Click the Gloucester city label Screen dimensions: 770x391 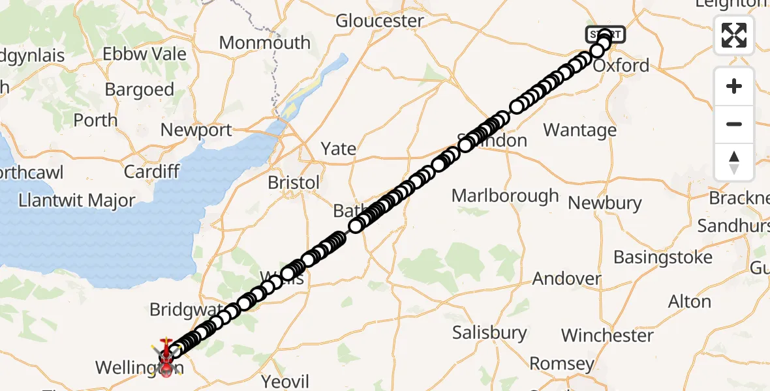(380, 21)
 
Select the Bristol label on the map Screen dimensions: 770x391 (294, 183)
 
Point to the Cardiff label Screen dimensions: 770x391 (151, 171)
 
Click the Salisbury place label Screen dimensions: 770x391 (490, 333)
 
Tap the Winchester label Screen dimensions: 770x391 (607, 336)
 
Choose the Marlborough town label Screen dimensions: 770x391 (505, 195)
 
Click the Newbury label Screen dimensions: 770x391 (604, 203)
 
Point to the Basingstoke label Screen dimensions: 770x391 (663, 257)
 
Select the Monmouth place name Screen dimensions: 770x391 (264, 43)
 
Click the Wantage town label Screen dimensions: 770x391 (579, 130)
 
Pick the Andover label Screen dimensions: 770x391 (566, 279)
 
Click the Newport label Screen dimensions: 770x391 (196, 130)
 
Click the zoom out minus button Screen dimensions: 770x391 (734, 124)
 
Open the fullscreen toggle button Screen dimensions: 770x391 (734, 35)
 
